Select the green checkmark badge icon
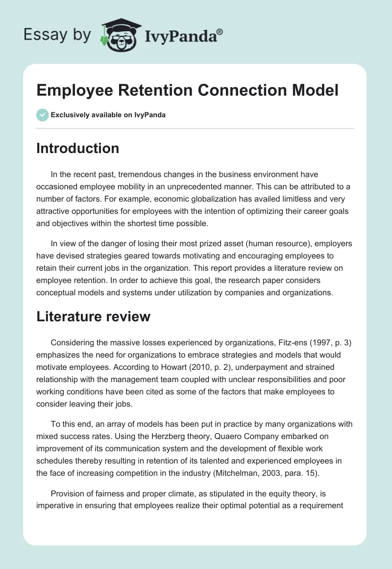click(42, 115)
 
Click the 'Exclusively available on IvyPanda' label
click(108, 115)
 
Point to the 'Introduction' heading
click(77, 148)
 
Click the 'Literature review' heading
click(93, 316)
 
